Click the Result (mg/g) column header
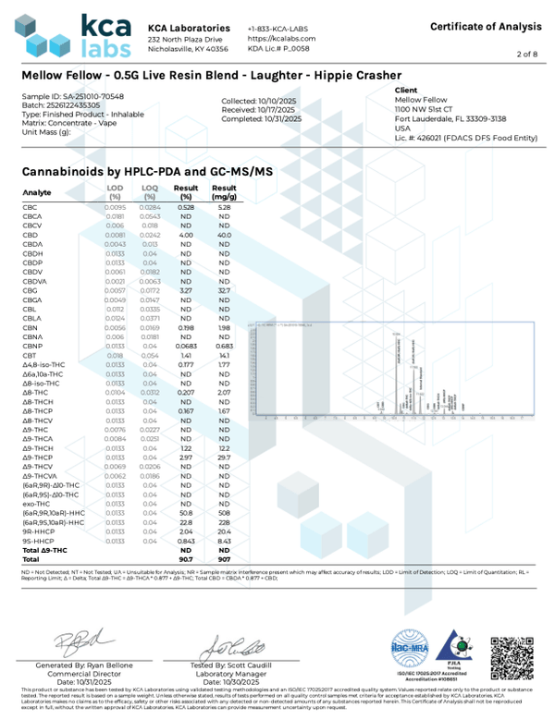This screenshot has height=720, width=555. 223,192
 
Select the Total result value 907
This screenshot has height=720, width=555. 223,559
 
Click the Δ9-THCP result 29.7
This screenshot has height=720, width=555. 223,457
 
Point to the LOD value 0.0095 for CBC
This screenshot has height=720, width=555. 115,207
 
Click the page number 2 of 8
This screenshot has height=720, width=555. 528,55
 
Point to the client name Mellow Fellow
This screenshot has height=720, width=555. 420,100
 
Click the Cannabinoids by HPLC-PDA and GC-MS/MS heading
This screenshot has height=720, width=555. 146,172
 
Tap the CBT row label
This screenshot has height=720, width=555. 30,355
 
